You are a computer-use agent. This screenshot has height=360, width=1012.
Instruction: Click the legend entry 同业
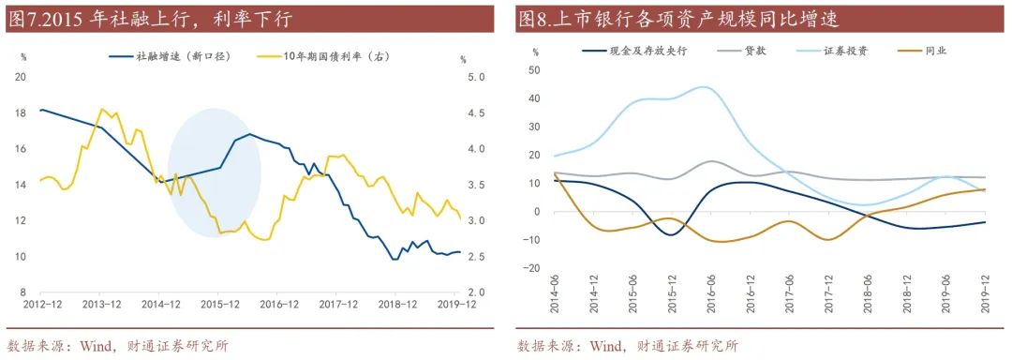[934, 51]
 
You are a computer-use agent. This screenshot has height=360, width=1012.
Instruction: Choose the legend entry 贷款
[754, 51]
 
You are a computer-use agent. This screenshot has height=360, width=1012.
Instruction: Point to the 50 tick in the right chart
[534, 70]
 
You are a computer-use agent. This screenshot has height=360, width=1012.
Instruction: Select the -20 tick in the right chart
[531, 268]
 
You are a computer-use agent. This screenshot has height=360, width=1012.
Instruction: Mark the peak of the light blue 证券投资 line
[704, 87]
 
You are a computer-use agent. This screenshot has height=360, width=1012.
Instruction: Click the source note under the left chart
[117, 346]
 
